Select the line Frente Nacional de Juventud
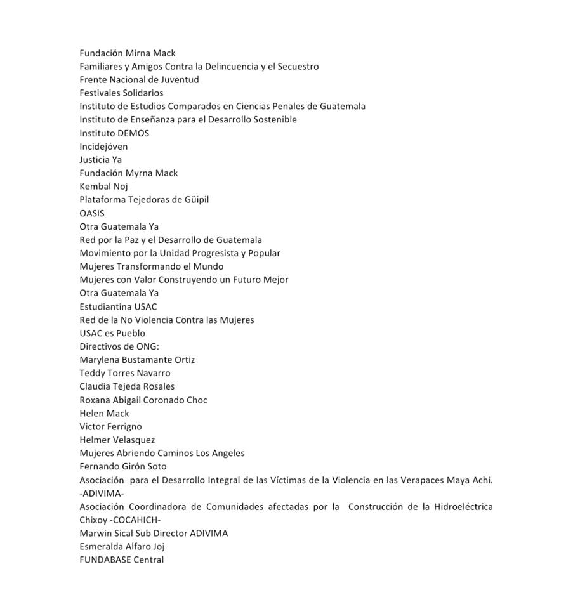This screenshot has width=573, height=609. point(139,80)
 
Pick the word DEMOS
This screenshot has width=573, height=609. point(133,133)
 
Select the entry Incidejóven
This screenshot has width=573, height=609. point(103,147)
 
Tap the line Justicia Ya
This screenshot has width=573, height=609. point(100,160)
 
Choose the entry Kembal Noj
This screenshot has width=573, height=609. point(103,187)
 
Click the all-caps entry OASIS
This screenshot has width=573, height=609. point(92,213)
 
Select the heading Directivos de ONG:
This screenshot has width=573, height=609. point(119,346)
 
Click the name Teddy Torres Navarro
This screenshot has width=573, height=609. point(125,373)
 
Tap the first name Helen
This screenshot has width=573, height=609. point(91,413)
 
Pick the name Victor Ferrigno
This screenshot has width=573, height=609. point(110,426)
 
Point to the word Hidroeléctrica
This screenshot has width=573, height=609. point(462,506)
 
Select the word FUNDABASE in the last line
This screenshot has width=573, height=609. point(105,560)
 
